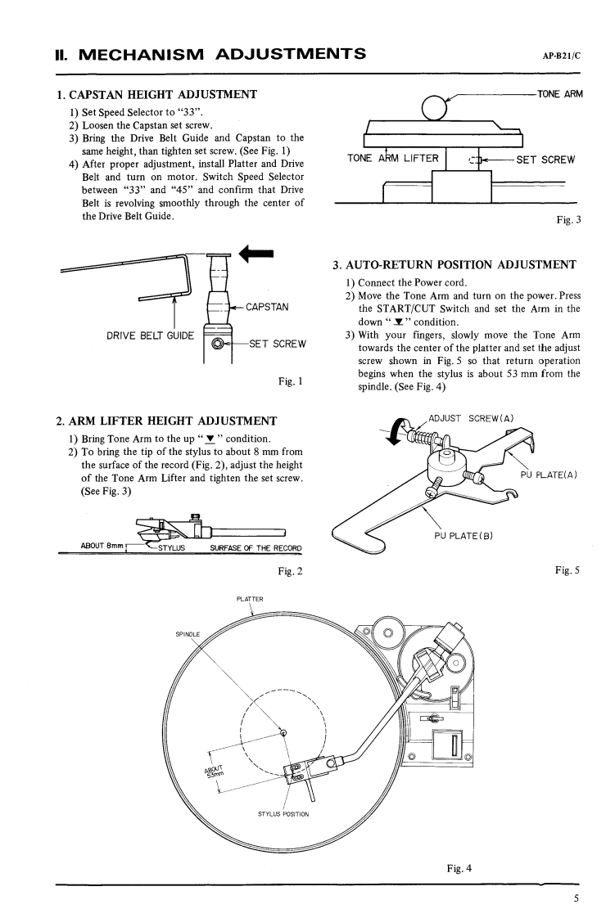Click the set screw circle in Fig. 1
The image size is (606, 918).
218,343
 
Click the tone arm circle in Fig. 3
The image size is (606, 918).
433,107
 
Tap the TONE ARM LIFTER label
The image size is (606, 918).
392,158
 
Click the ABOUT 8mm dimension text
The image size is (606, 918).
99,546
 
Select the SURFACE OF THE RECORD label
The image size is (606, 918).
256,547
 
